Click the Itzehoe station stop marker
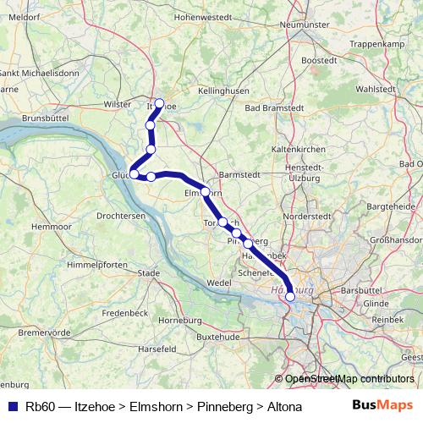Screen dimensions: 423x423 click(159, 103)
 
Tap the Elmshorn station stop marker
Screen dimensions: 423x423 click(205, 192)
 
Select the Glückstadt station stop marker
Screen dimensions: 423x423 click(134, 173)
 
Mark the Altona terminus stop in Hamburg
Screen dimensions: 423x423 click(290, 296)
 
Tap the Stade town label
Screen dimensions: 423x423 click(148, 273)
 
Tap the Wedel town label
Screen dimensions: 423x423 click(218, 282)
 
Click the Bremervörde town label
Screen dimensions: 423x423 click(44, 332)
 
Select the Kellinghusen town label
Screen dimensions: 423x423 click(223, 90)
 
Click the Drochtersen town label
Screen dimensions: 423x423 click(121, 217)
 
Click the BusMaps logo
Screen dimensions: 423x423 click(383, 406)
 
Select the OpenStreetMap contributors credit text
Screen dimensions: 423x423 click(349, 379)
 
